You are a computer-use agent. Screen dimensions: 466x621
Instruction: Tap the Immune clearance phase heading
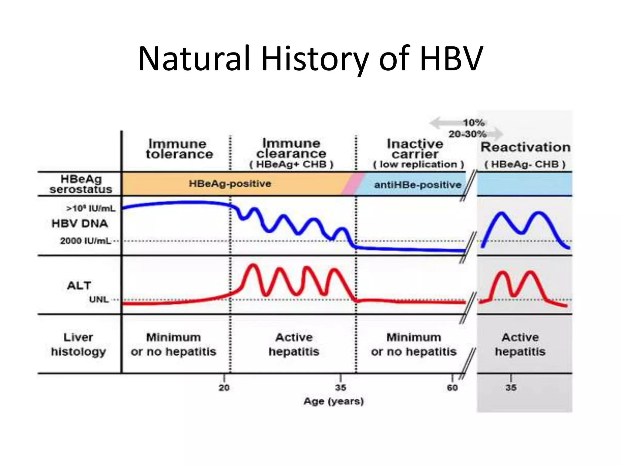click(x=291, y=148)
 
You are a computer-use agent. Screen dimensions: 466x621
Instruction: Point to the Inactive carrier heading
click(x=415, y=149)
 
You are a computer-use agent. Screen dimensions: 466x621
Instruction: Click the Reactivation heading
click(x=525, y=147)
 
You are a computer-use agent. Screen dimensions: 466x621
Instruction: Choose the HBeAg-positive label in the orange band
click(x=230, y=184)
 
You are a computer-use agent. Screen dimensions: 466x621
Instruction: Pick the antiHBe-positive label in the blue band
click(x=417, y=184)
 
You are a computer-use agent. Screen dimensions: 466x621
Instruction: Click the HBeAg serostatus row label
click(x=81, y=184)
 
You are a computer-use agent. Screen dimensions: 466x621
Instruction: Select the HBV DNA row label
click(x=80, y=224)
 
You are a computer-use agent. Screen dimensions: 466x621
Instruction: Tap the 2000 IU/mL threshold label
click(x=86, y=241)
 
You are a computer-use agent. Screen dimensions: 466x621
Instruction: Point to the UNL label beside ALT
click(x=99, y=299)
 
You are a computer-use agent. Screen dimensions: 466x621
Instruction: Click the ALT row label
click(x=79, y=285)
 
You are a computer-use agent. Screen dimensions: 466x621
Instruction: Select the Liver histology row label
click(x=78, y=344)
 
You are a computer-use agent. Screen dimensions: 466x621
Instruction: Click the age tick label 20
click(x=224, y=387)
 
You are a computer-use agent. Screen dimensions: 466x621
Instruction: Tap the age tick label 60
click(x=452, y=387)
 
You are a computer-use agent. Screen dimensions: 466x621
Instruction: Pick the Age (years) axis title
click(x=334, y=401)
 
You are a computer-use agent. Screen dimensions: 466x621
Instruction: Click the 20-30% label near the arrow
click(x=467, y=134)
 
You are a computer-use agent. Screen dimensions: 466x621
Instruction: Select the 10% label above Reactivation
click(x=473, y=123)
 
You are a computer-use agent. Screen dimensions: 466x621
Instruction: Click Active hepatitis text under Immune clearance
click(x=294, y=344)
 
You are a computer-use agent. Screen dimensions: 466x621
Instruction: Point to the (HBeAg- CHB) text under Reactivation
click(x=525, y=164)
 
